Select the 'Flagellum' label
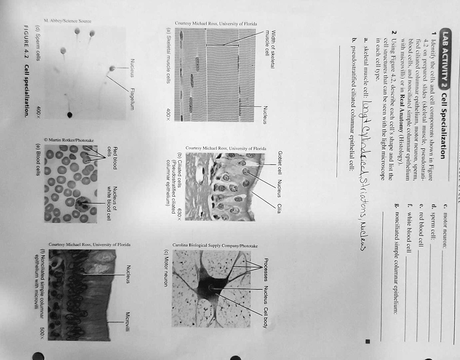132,97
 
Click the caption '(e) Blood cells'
37,160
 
